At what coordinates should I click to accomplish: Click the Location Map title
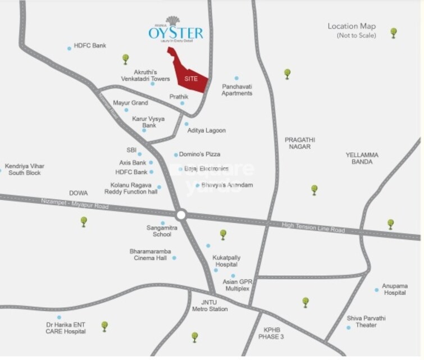click(x=352, y=26)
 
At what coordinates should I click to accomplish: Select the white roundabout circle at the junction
click(x=181, y=215)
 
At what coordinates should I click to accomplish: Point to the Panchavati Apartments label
click(x=237, y=90)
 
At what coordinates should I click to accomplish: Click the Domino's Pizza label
click(x=199, y=154)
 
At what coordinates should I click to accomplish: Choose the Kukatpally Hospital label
click(x=226, y=261)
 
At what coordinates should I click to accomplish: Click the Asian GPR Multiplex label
click(x=235, y=284)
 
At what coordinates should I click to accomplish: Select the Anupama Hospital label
click(x=394, y=289)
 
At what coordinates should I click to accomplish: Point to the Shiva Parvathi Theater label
click(x=366, y=321)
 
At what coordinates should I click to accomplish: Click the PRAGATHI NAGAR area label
click(x=298, y=143)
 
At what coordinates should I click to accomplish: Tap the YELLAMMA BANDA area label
click(x=362, y=158)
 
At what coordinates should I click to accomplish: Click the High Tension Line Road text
click(x=313, y=227)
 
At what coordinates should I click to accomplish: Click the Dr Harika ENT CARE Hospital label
click(x=66, y=328)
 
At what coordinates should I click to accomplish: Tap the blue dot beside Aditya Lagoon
click(x=186, y=124)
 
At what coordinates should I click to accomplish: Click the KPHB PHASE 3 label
click(x=271, y=333)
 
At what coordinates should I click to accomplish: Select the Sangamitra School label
click(x=159, y=231)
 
